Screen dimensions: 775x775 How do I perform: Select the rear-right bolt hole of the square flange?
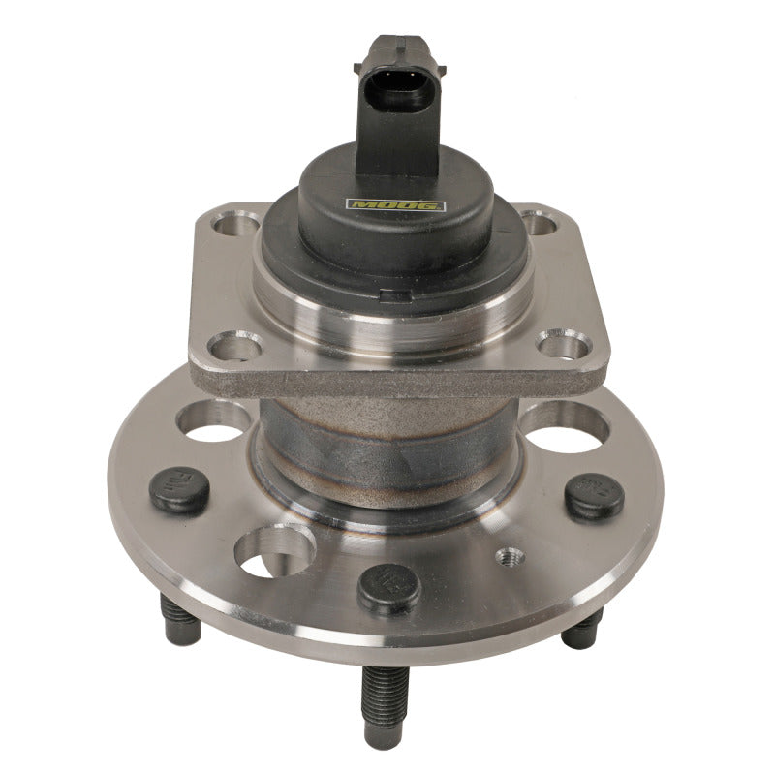pyautogui.click(x=544, y=223)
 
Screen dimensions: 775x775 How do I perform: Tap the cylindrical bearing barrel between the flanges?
pyautogui.click(x=387, y=436)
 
